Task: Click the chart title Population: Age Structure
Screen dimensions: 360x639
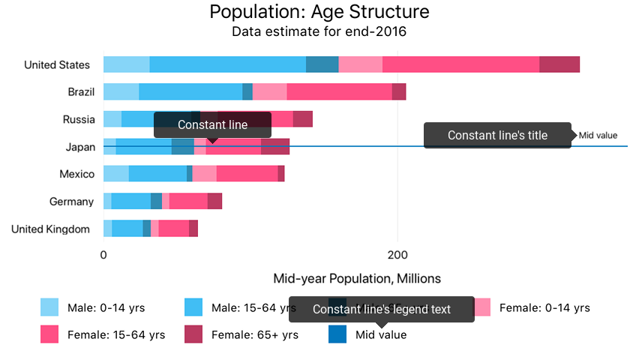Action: (319, 12)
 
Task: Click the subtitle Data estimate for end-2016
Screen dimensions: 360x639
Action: (319, 31)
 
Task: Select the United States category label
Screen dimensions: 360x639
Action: (57, 65)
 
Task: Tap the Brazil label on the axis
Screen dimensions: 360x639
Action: (81, 92)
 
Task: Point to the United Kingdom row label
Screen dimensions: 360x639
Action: (51, 229)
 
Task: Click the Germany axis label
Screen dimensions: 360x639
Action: (72, 202)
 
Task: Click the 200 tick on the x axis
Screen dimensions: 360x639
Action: (397, 254)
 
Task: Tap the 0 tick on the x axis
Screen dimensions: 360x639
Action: (103, 254)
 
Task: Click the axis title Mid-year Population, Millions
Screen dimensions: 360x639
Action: (357, 279)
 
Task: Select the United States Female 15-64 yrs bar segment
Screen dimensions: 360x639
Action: (460, 64)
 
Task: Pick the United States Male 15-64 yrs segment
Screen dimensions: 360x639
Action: (227, 64)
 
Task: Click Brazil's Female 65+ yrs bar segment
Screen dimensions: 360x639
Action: (399, 91)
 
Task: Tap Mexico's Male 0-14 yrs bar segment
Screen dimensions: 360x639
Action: (116, 174)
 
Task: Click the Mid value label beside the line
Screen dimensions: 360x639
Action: (598, 136)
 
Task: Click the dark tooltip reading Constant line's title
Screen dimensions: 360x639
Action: (497, 136)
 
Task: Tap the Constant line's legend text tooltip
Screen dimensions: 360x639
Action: (382, 309)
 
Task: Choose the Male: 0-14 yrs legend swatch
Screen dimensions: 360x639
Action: (49, 307)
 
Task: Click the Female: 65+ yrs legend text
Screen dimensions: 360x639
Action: (255, 334)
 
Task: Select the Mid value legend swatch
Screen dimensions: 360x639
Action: (337, 334)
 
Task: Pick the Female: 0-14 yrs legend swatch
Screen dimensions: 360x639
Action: (481, 307)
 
